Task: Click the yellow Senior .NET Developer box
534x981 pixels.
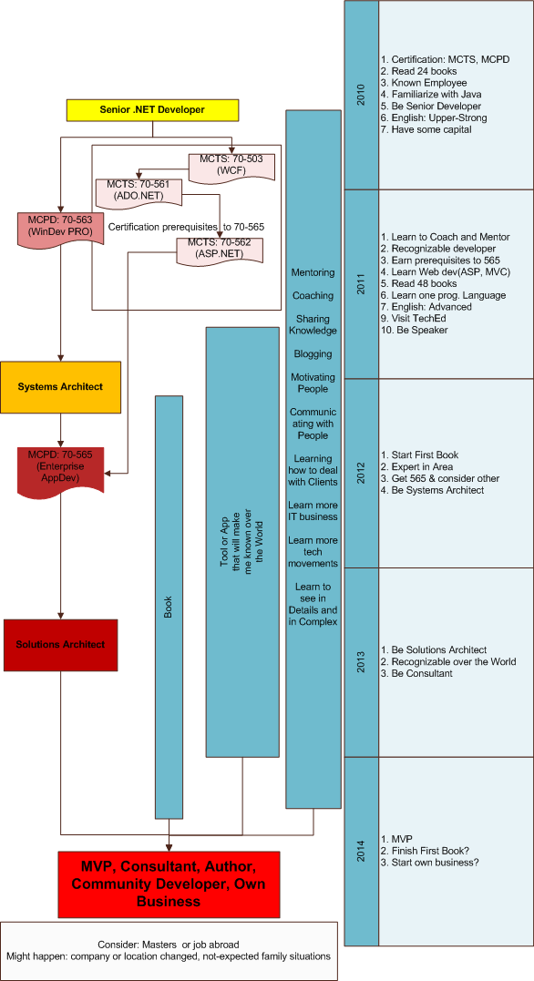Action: point(152,110)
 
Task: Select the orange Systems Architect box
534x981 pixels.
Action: point(60,386)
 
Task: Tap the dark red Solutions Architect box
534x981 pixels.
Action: point(60,644)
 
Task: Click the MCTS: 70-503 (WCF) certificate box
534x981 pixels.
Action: point(231,165)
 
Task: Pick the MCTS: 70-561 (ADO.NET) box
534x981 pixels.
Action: point(139,190)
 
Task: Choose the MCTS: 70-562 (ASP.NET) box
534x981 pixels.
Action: point(220,250)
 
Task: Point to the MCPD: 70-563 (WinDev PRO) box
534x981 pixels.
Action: point(60,228)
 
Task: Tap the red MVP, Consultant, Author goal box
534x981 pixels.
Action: point(167,883)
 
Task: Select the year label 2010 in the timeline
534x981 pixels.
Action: point(361,95)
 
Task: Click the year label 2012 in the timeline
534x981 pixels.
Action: point(361,473)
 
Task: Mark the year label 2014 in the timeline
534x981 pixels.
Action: point(361,850)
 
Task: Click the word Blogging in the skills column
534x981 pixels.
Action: point(313,354)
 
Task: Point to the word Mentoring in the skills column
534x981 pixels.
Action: point(313,272)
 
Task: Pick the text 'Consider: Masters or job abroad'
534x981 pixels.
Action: point(169,944)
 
